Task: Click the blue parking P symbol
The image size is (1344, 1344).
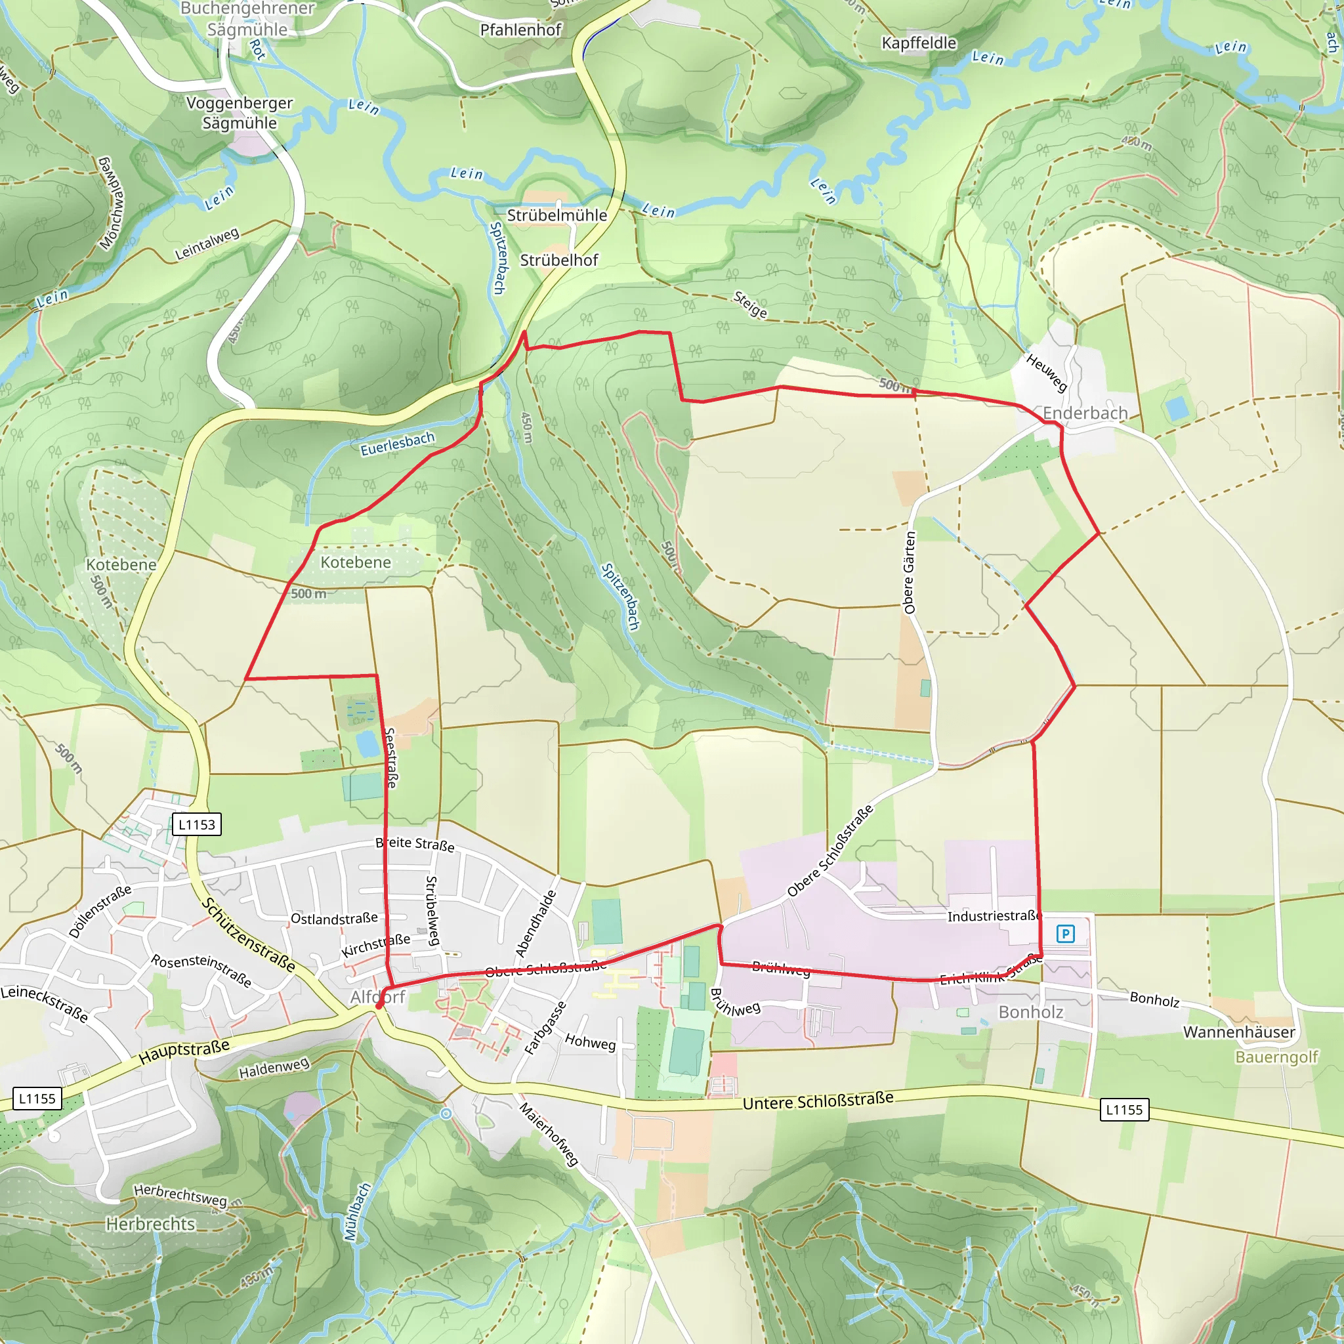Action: click(x=1065, y=934)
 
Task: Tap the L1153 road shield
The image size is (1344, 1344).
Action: click(x=197, y=824)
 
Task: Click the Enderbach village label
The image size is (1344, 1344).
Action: click(x=1085, y=413)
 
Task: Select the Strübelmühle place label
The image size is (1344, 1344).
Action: click(x=556, y=216)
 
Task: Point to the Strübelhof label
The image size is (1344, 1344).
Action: click(x=559, y=260)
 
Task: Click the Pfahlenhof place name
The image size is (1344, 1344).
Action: click(x=520, y=30)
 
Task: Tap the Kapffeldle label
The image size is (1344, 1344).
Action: click(x=918, y=43)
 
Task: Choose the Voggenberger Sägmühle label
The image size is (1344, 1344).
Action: click(x=240, y=113)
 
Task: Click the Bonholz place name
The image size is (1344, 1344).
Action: click(x=1030, y=1012)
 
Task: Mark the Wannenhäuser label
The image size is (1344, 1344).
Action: click(x=1239, y=1032)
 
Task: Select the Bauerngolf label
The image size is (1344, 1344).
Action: click(x=1276, y=1057)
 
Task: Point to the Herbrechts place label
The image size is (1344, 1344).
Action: click(x=150, y=1224)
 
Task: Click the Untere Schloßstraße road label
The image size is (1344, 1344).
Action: click(x=818, y=1101)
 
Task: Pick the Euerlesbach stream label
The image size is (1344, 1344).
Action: click(x=397, y=444)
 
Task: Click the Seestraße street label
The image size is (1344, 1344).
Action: click(x=391, y=758)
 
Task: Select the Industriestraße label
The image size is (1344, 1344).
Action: click(x=994, y=916)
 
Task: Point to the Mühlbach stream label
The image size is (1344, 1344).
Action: click(x=358, y=1212)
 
